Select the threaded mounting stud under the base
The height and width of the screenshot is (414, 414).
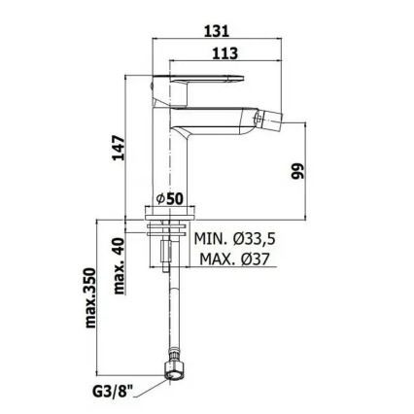click(171, 248)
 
